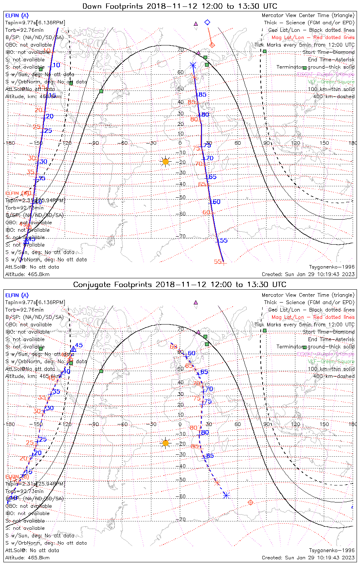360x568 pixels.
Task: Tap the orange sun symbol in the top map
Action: [x=165, y=162]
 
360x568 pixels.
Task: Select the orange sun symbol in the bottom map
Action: [x=165, y=443]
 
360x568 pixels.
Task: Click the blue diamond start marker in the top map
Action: [x=207, y=22]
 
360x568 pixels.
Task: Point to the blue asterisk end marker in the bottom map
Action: [x=226, y=495]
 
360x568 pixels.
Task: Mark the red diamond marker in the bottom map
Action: [x=250, y=502]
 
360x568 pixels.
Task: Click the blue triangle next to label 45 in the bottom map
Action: [x=74, y=348]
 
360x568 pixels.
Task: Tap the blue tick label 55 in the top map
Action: [x=224, y=240]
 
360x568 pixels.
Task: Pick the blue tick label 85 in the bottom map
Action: [x=210, y=456]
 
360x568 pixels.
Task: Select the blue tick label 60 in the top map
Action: [x=216, y=202]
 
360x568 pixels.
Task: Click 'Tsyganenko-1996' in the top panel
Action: [x=332, y=267]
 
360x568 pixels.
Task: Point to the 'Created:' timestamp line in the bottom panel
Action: [x=308, y=557]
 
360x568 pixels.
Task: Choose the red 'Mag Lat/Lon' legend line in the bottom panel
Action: [x=313, y=317]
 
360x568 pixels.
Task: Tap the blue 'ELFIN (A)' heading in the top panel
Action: [x=17, y=16]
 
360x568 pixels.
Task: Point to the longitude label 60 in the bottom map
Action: [x=238, y=424]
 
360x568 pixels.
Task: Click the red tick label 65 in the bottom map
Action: [x=189, y=366]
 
